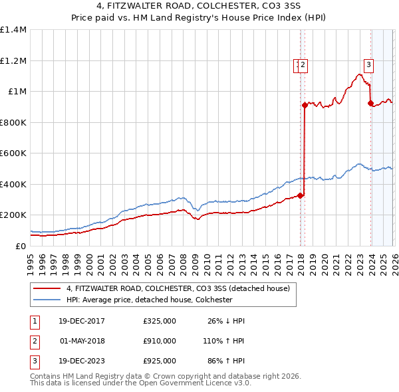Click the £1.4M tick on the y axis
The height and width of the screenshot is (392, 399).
[13, 30]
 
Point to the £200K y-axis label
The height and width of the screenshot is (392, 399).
[13, 215]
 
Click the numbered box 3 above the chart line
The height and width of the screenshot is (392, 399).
[368, 65]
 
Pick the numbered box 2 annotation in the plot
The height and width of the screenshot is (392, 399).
[303, 65]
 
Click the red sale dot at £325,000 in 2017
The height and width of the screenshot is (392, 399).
[300, 195]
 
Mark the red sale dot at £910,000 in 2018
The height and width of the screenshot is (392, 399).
[304, 105]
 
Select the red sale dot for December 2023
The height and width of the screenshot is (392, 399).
[370, 103]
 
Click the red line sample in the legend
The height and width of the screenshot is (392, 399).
[47, 289]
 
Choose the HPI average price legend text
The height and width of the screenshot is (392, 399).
[149, 300]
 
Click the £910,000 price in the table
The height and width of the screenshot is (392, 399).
[160, 341]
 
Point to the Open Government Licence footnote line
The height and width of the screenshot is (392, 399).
[141, 383]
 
